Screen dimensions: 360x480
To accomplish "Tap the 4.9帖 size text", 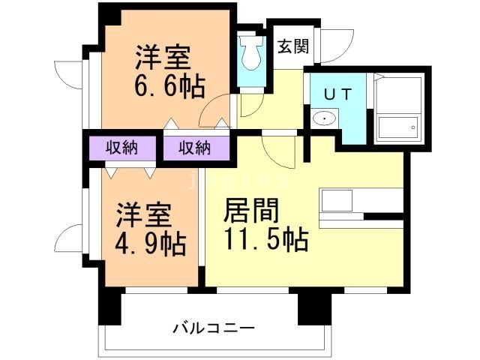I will tap(150, 244).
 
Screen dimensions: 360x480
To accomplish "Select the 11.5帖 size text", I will tap(265, 240).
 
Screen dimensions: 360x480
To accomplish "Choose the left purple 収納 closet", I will tap(121, 147).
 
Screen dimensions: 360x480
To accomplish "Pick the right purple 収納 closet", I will tap(194, 147).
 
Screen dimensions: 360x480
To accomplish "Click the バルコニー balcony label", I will tap(214, 328).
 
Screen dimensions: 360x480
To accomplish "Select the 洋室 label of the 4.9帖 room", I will tap(142, 215).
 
